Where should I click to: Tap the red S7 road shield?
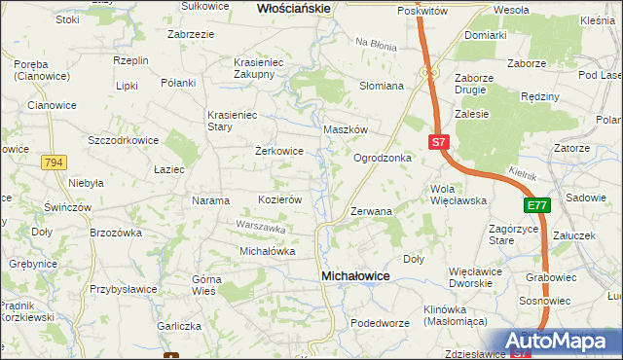pos(439,142)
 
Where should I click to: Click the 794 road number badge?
pos(54,163)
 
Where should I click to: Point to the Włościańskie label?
pos(294,8)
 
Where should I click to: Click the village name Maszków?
pos(345,129)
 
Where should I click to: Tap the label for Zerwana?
pos(371,211)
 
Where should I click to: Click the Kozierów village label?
pos(280,199)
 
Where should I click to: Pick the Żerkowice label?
pos(279,152)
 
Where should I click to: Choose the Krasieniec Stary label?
pos(232,121)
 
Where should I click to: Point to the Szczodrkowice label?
pos(123,140)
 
